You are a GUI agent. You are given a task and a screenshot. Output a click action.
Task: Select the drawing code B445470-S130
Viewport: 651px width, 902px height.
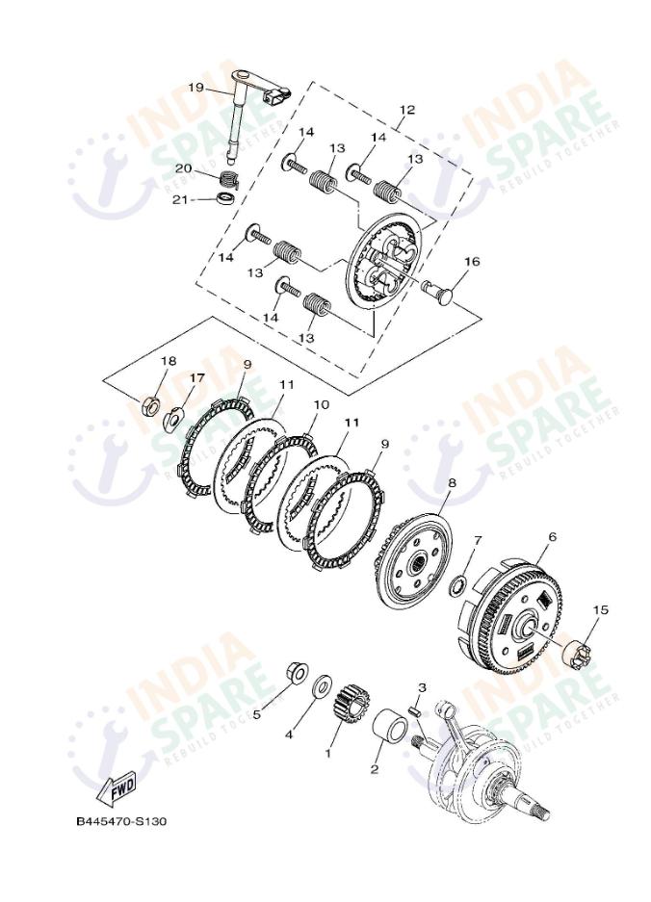(121, 821)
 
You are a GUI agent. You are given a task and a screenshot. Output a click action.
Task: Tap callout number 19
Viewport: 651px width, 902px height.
(195, 88)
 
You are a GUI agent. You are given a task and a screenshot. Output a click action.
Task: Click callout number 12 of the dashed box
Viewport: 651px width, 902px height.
(407, 110)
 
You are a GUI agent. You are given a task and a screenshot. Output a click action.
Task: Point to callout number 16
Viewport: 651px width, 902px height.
(472, 262)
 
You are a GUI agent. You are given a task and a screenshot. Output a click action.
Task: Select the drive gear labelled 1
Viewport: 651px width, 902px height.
(350, 704)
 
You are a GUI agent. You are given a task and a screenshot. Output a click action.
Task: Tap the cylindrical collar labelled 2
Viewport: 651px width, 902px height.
(391, 726)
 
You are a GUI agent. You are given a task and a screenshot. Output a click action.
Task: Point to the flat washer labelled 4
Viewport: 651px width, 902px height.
(323, 686)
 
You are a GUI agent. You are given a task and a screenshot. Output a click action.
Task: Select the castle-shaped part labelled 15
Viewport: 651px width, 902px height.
(576, 654)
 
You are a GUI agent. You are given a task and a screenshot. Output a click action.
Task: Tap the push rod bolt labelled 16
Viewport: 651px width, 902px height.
(436, 288)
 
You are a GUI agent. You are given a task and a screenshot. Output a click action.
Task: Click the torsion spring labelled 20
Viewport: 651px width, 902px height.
(229, 178)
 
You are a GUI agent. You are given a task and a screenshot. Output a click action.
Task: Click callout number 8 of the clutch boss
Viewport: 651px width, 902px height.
(452, 483)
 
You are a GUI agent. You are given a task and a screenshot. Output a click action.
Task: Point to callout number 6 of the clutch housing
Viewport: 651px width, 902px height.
(552, 537)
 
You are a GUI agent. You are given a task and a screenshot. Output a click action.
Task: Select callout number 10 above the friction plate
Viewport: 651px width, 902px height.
(322, 404)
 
